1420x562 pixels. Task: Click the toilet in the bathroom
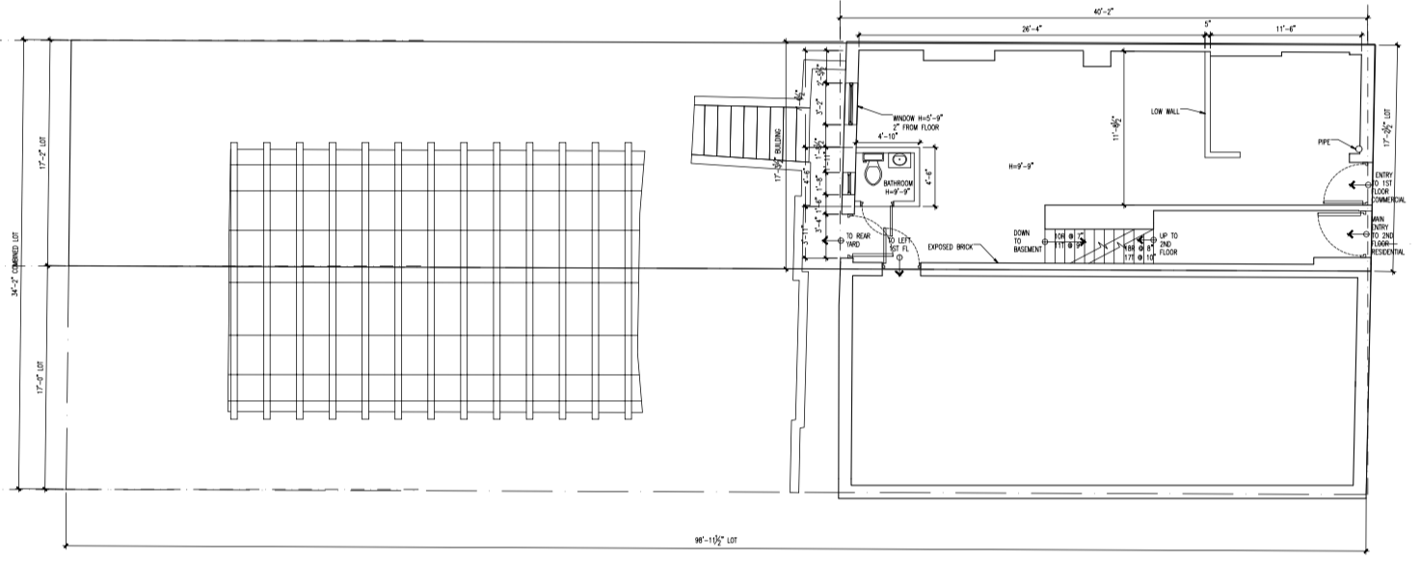874,174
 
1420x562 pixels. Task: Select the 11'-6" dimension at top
1286,30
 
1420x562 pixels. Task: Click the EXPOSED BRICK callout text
950,247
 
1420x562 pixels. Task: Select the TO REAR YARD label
859,241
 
